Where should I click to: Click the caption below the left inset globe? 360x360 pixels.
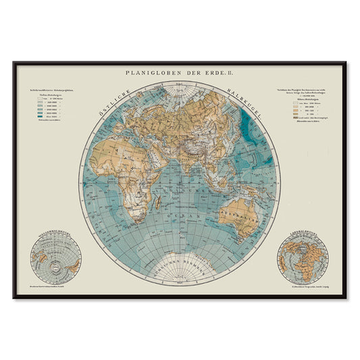[55, 286]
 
